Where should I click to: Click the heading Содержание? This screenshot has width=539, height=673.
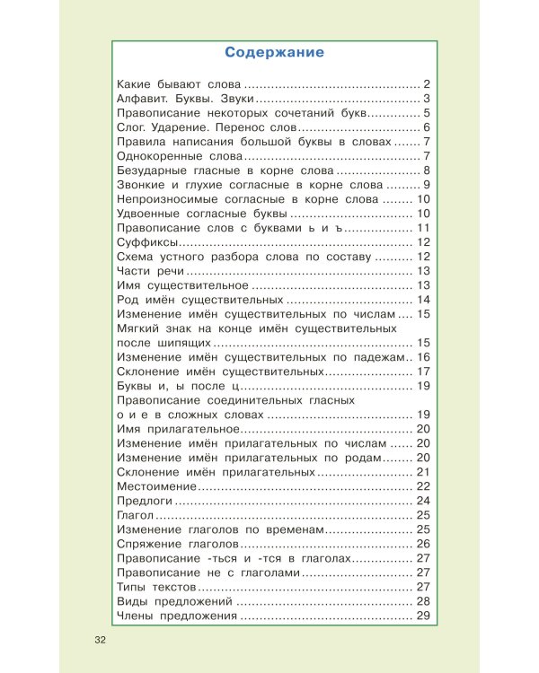(275, 52)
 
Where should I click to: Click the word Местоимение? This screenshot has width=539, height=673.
(155, 485)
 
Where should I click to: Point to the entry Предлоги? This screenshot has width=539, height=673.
(145, 500)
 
